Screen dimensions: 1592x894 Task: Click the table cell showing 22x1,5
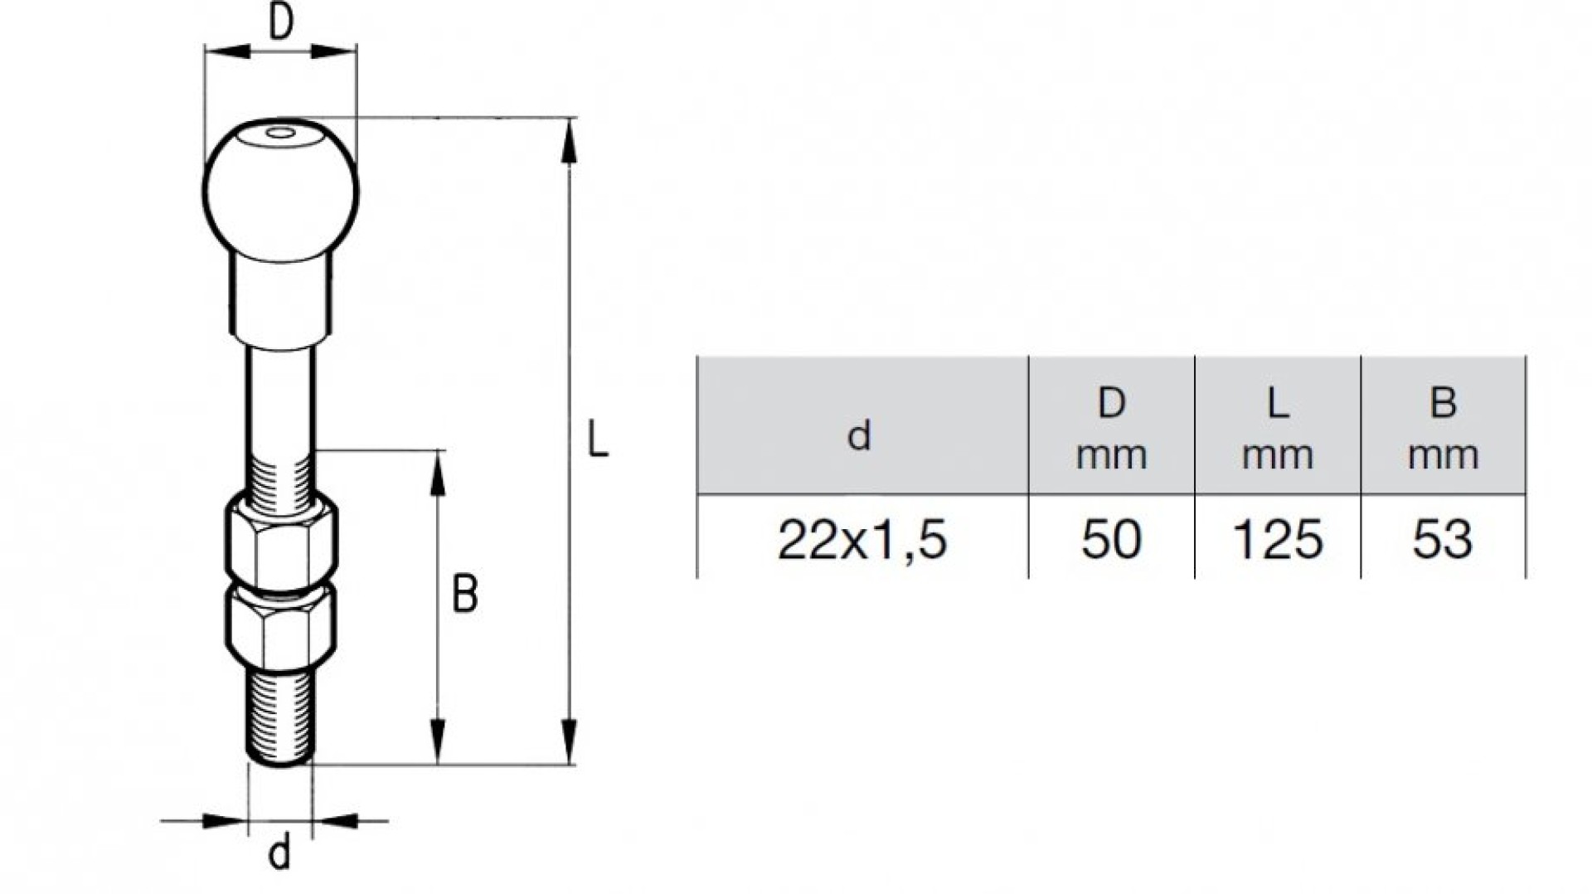[862, 539]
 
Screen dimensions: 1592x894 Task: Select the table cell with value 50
[1111, 539]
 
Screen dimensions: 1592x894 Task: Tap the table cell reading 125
[1278, 539]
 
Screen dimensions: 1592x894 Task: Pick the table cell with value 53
[1443, 539]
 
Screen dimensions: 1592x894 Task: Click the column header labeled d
[862, 426]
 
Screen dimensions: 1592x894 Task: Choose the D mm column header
[1111, 426]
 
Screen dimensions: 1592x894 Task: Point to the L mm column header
[1278, 426]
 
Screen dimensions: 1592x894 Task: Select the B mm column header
[1443, 426]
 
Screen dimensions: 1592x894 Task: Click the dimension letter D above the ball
[282, 23]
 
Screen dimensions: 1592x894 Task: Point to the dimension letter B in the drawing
[465, 595]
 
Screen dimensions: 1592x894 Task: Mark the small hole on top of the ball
[281, 133]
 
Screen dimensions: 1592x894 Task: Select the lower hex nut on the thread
[281, 627]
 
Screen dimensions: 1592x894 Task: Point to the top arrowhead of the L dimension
[569, 143]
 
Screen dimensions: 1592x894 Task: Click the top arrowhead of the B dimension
[438, 474]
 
